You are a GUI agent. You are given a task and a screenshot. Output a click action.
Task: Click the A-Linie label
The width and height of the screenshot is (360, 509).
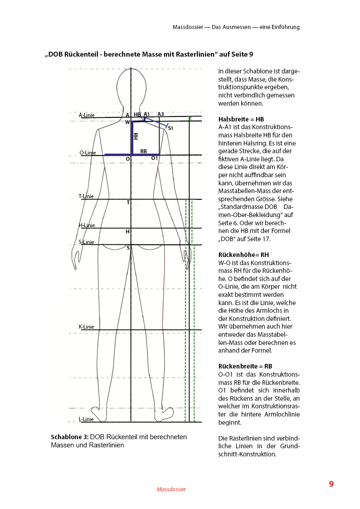click(87, 115)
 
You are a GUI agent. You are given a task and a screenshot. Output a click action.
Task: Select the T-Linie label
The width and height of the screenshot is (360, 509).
click(86, 196)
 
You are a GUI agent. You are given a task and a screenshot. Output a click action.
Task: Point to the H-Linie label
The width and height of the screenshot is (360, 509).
click(87, 225)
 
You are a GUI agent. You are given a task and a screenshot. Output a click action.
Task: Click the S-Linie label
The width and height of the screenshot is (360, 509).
click(87, 242)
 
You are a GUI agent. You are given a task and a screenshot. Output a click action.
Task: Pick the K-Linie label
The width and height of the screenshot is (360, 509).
click(87, 326)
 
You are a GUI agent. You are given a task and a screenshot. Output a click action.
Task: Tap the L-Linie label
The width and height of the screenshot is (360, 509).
click(86, 419)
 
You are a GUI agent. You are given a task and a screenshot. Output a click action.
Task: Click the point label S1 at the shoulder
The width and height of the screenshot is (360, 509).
click(170, 129)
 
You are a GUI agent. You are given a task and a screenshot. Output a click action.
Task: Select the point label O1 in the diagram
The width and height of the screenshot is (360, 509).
click(154, 158)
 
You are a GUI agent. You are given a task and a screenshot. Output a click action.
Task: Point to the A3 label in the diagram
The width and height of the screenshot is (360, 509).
click(161, 114)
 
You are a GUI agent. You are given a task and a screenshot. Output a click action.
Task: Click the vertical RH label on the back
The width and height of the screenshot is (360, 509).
click(136, 136)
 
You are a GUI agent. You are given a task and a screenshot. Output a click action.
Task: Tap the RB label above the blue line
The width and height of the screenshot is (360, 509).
click(143, 151)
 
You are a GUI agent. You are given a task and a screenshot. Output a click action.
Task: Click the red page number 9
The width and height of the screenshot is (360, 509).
click(331, 484)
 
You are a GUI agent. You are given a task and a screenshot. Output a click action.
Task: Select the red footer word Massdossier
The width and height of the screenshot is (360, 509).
click(171, 490)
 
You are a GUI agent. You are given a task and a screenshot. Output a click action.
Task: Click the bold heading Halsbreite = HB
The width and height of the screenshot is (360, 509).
click(234, 119)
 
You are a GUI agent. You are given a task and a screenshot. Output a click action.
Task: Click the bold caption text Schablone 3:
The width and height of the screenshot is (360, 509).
click(70, 437)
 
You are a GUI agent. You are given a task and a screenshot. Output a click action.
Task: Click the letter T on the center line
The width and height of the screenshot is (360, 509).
click(128, 203)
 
